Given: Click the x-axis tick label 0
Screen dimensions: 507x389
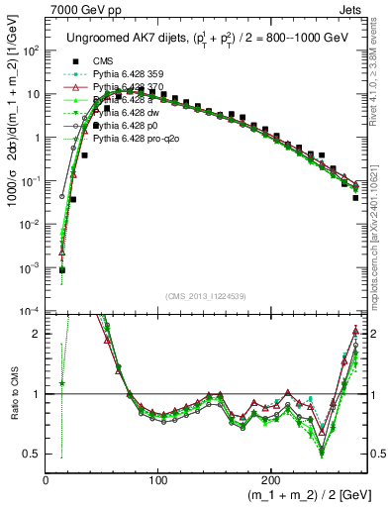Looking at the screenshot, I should [x=46, y=480].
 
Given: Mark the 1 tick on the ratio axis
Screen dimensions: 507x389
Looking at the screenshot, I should [x=37, y=394].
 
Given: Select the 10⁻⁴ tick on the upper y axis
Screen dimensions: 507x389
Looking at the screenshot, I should [x=30, y=312].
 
